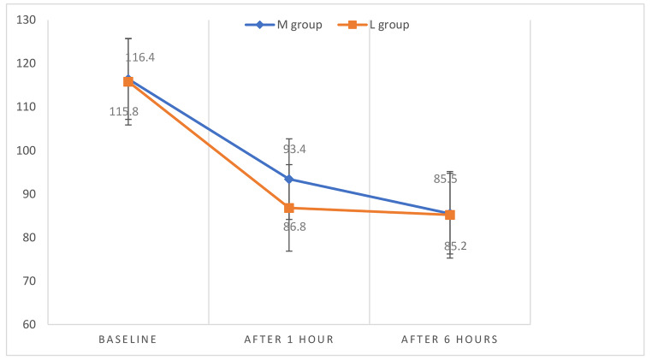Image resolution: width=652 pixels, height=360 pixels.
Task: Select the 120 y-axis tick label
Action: (x=27, y=63)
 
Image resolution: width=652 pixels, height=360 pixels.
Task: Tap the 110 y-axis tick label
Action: (x=27, y=107)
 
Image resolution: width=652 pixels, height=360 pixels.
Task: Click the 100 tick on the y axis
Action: (x=27, y=150)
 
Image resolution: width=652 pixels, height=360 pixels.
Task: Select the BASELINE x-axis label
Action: (x=128, y=339)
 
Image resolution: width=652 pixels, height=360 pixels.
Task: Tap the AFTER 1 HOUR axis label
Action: (x=289, y=339)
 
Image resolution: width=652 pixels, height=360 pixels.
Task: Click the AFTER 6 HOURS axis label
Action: (x=450, y=339)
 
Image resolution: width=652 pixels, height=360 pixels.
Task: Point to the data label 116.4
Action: (x=139, y=58)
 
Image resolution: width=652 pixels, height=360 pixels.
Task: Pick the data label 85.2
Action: (x=455, y=246)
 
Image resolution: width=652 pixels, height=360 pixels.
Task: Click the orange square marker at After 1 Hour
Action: (x=289, y=208)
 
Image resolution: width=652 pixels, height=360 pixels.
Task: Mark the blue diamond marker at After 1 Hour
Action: (x=289, y=179)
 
